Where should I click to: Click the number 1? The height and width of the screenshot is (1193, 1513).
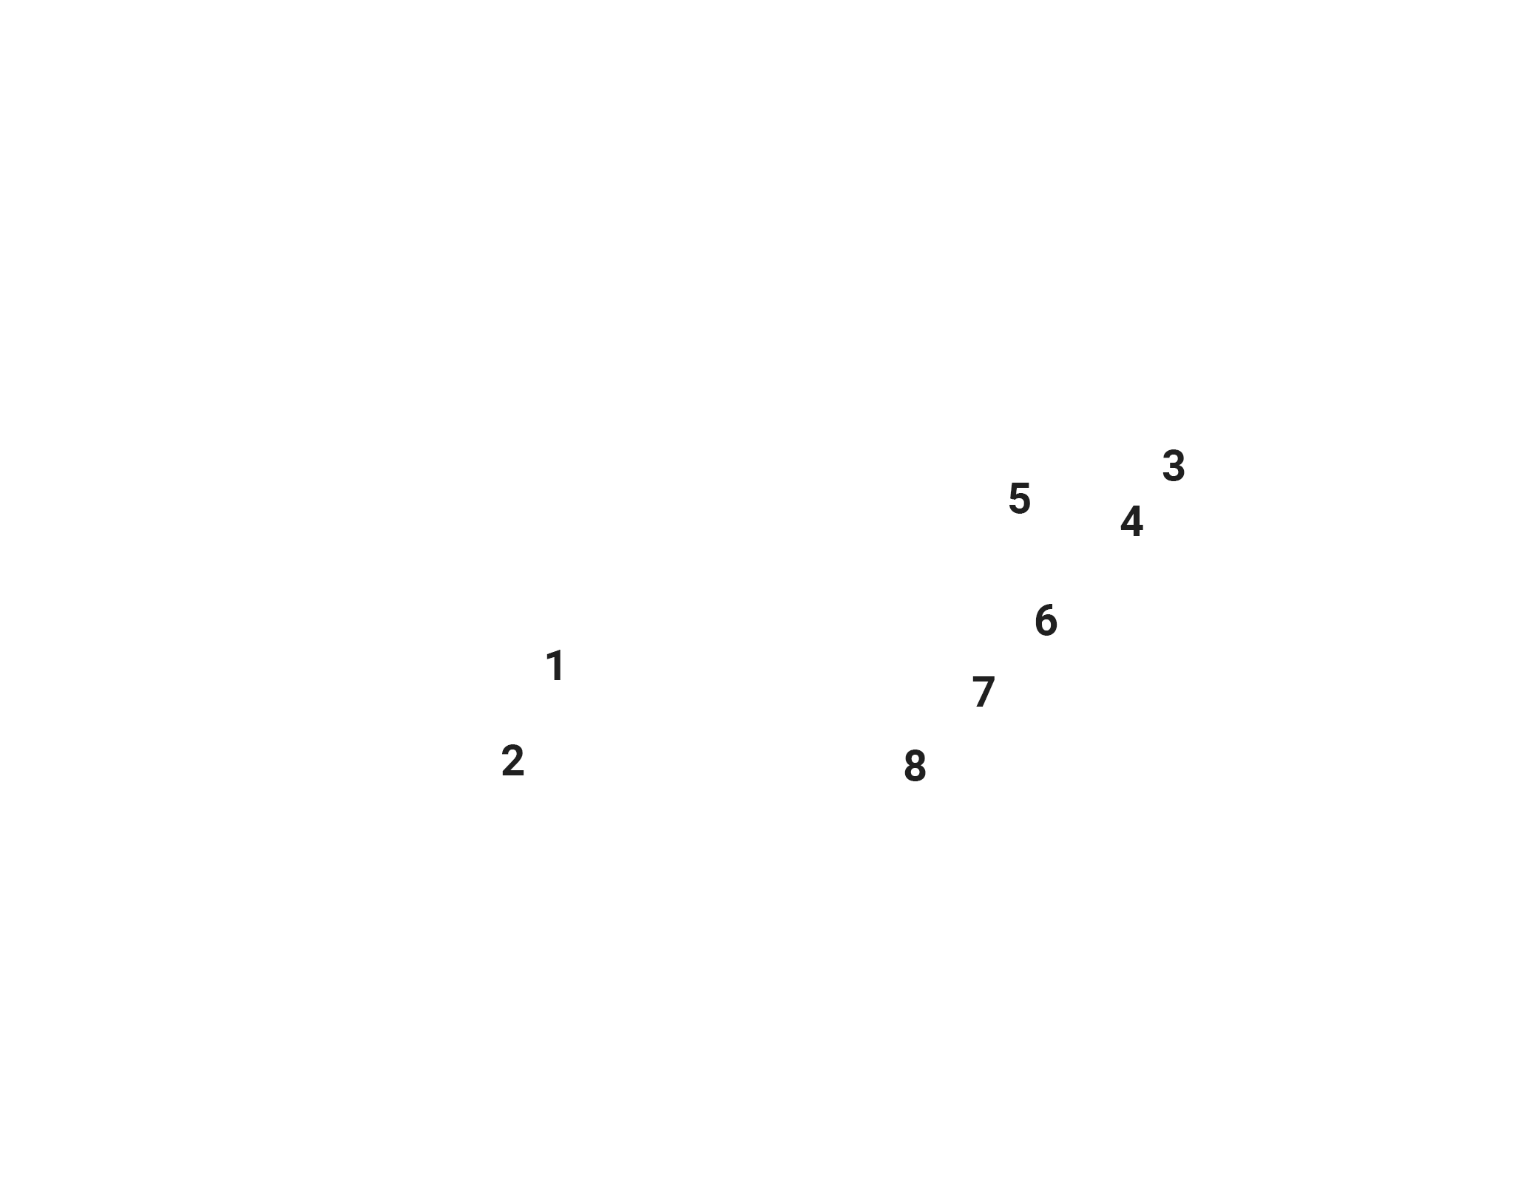555,666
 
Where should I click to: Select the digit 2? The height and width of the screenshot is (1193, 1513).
512,761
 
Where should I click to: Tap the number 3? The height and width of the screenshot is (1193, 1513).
1174,466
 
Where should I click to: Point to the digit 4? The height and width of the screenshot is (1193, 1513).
1131,522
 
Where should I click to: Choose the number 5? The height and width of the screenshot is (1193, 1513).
1020,498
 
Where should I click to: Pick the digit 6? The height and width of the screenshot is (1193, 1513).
1046,620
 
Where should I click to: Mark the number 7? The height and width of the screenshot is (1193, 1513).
984,692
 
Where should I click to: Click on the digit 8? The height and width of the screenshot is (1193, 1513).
915,767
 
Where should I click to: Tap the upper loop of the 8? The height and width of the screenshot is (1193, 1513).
915,759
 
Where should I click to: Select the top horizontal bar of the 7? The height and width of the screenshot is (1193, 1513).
984,679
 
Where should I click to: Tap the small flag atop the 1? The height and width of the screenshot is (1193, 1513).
551,656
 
